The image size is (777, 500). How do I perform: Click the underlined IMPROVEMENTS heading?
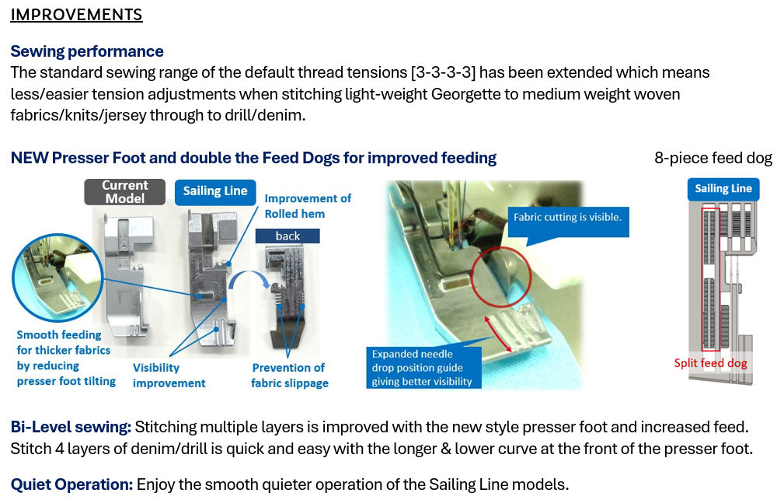tap(76, 15)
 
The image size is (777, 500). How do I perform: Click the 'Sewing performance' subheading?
tap(87, 51)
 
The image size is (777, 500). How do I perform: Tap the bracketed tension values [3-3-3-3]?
tap(443, 72)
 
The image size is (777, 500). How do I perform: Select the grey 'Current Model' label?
tap(125, 192)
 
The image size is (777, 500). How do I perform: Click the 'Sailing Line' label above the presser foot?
tap(215, 191)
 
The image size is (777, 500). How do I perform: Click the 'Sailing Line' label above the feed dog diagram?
tap(723, 189)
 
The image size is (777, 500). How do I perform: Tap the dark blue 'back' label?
tap(287, 236)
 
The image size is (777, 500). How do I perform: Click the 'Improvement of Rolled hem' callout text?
tap(308, 206)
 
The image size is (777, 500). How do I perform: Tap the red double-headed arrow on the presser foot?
tap(498, 334)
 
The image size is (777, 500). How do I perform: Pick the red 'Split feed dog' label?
tap(710, 363)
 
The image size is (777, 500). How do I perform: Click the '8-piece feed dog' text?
tap(713, 158)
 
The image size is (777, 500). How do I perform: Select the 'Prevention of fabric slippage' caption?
tap(289, 376)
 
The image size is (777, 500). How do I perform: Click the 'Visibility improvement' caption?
tap(169, 376)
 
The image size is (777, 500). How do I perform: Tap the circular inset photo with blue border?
tap(58, 278)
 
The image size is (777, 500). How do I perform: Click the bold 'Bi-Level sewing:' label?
tap(71, 427)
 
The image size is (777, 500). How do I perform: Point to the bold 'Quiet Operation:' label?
tap(71, 484)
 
